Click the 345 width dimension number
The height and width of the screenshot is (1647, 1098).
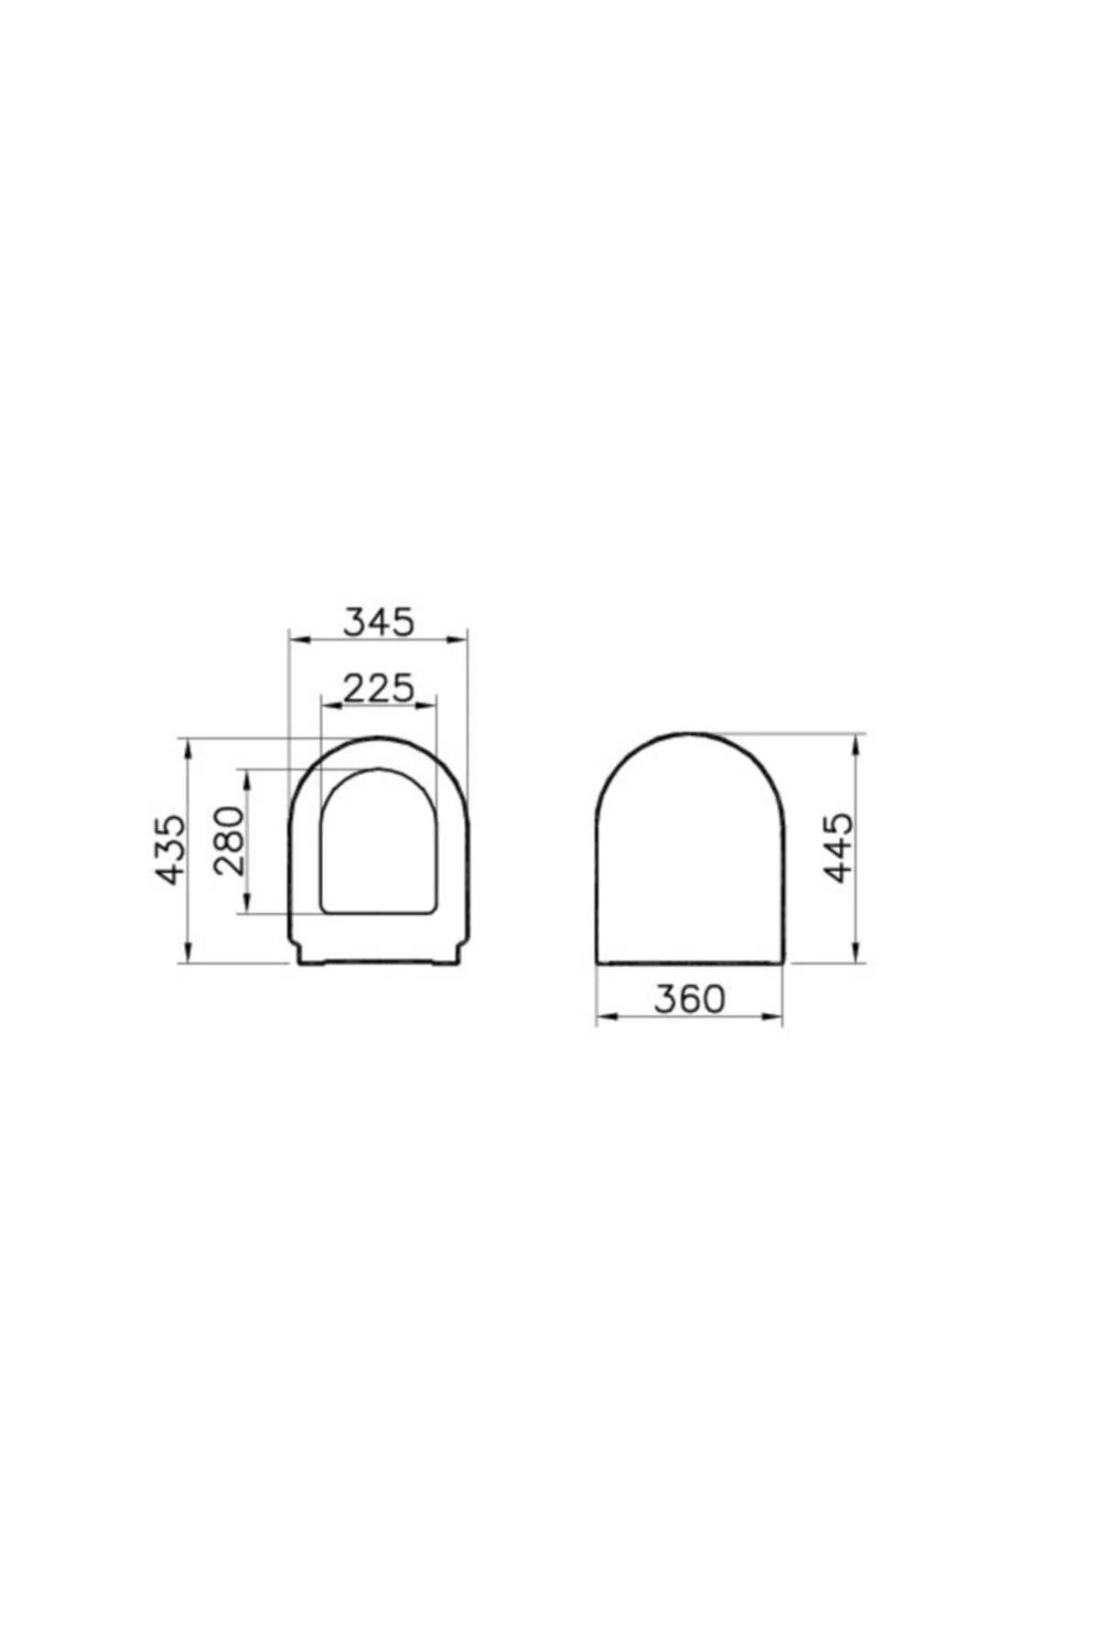click(378, 621)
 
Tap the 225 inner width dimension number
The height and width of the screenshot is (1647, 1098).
click(379, 687)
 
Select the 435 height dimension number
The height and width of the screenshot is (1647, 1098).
click(171, 849)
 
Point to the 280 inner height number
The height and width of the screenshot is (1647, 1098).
click(230, 841)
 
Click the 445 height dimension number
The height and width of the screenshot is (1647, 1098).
click(838, 847)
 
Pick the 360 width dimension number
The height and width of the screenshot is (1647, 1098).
click(689, 999)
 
